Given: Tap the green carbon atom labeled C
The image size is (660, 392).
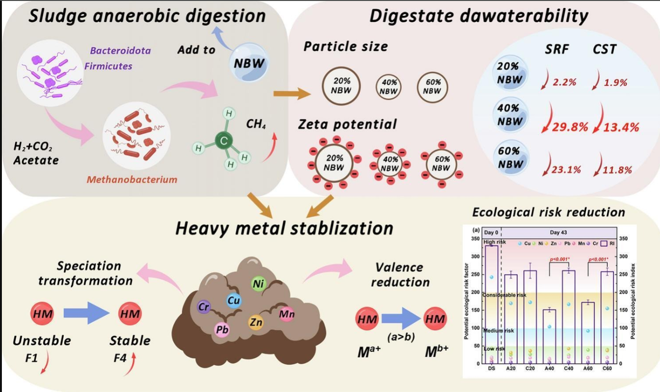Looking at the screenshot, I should pos(225,140).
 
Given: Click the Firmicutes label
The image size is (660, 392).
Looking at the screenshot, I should pos(108,66).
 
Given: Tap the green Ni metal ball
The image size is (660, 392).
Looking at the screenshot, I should pos(257,284).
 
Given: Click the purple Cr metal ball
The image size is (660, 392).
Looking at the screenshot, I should pos(204,307).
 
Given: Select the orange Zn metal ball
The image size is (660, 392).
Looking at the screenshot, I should pos(256,322).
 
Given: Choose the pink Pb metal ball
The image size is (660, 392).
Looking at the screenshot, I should pos(222,329).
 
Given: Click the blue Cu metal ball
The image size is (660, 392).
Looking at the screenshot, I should pos(234,300).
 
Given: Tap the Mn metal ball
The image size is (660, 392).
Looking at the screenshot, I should pos(286,313).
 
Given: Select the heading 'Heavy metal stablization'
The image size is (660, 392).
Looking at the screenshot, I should pos(284,228).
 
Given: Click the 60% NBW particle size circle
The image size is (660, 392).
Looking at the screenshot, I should pos(432,86).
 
